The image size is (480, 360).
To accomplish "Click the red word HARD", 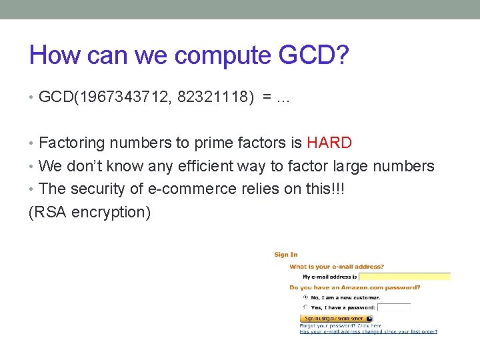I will coord(329,143).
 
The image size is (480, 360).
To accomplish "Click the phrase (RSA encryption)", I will coord(90,213).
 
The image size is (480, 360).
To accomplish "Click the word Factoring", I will coord(72,143).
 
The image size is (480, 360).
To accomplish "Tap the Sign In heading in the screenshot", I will coord(286,255).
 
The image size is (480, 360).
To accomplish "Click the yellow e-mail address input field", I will coord(405,276).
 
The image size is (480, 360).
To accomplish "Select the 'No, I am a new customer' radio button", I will coord(305,297).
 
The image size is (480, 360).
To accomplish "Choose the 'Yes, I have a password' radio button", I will coord(305,307).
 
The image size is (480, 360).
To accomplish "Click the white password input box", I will coord(393,308).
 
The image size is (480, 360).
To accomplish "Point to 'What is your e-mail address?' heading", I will coord(337,267).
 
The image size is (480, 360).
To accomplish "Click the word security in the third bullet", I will coord(99,189).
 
